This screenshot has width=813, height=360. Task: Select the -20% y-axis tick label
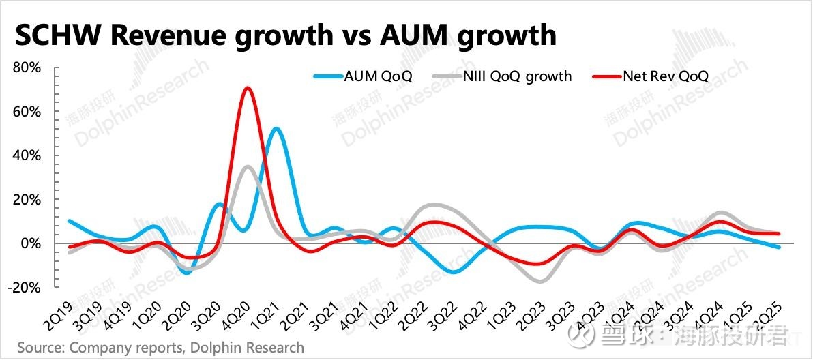click(27, 287)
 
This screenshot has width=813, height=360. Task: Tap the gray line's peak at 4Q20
click(247, 166)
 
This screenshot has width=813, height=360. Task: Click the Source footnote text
click(160, 348)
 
